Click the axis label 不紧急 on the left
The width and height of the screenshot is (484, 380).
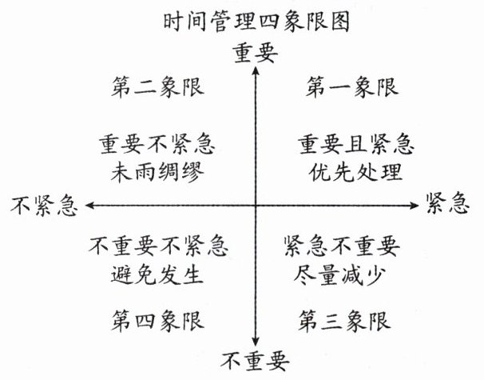click(46, 206)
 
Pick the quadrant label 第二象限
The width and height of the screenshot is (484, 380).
click(157, 86)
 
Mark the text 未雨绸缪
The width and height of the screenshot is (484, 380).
click(157, 171)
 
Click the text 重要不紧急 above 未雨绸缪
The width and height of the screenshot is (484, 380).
click(157, 146)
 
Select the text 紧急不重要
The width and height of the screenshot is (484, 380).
click(342, 246)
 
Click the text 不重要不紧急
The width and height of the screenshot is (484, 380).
click(157, 246)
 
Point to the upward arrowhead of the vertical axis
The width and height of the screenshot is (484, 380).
click(255, 70)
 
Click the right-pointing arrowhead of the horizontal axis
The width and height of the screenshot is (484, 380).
click(418, 206)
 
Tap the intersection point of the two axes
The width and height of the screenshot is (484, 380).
click(255, 206)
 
